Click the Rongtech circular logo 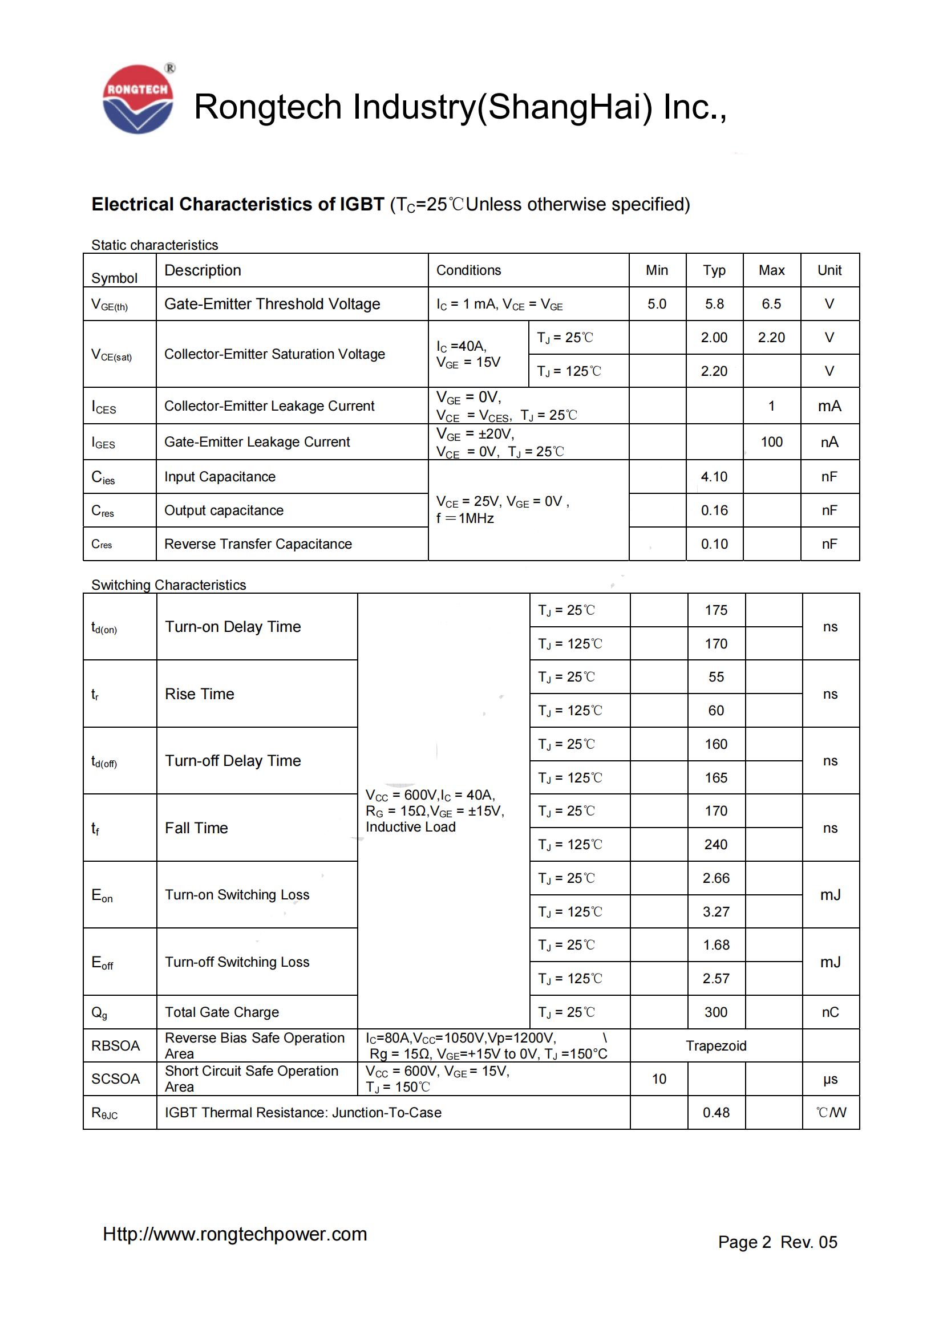tap(137, 99)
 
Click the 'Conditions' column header tap(468, 270)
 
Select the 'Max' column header tap(771, 270)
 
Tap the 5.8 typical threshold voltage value tap(714, 304)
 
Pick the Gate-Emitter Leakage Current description tap(257, 442)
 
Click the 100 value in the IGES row tap(772, 442)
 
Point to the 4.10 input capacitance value tap(714, 477)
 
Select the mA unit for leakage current tap(829, 406)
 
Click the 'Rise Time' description tap(199, 694)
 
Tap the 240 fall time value tap(716, 845)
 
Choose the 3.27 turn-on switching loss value tap(716, 912)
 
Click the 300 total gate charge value tap(716, 1013)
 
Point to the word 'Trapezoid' tap(716, 1047)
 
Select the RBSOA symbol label tap(116, 1047)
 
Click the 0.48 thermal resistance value tap(716, 1113)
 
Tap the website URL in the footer tap(234, 1234)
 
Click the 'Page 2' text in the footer tap(744, 1242)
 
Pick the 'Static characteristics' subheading tap(155, 245)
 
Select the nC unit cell tap(829, 1013)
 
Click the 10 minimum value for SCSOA tap(659, 1080)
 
